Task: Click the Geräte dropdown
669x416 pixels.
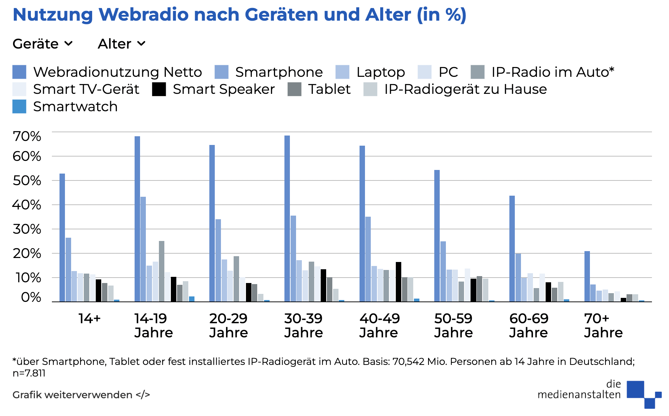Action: [43, 44]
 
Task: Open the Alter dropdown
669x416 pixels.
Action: [122, 44]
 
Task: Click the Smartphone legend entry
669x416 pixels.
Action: [269, 72]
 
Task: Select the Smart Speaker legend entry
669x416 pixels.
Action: [214, 89]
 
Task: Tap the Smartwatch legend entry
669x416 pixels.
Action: [65, 107]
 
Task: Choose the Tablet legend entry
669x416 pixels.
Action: [319, 89]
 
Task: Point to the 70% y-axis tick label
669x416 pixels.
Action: [27, 137]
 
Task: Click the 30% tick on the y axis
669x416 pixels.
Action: [27, 229]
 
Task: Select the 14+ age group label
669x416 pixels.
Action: [90, 319]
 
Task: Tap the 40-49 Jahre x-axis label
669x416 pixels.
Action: [379, 325]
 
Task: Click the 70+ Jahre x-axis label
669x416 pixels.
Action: [603, 325]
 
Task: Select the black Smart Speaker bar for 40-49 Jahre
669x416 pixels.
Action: [398, 282]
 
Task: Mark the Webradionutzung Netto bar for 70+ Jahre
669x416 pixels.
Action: [587, 276]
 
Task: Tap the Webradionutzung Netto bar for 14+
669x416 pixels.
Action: [62, 237]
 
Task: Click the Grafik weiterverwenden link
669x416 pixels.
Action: [81, 395]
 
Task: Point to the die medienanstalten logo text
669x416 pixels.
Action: [579, 390]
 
